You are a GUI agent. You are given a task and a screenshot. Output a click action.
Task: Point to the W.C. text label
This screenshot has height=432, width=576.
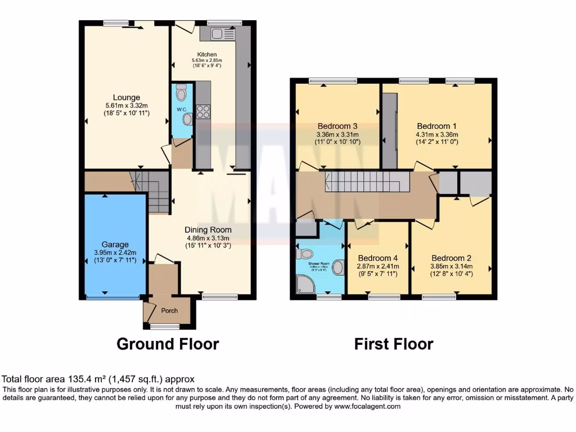(181, 109)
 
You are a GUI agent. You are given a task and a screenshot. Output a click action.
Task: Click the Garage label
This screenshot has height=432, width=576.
(115, 244)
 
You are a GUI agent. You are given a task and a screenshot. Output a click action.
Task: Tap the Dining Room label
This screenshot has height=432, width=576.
(208, 229)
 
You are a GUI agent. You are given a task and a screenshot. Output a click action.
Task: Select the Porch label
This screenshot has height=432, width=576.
(169, 310)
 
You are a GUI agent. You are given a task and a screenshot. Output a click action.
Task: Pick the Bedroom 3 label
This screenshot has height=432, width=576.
(337, 126)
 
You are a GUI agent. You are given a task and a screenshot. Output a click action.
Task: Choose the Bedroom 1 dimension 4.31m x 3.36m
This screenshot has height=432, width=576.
(437, 134)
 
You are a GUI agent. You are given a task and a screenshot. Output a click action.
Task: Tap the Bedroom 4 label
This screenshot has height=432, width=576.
(377, 258)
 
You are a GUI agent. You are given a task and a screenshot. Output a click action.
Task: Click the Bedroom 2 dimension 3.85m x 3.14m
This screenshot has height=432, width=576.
(452, 266)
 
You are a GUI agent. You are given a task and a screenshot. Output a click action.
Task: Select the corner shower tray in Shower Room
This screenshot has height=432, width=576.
(305, 285)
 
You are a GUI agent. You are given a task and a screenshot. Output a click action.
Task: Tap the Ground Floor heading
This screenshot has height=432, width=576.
(168, 344)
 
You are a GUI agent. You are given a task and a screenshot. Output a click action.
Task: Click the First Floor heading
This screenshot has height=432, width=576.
(394, 344)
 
